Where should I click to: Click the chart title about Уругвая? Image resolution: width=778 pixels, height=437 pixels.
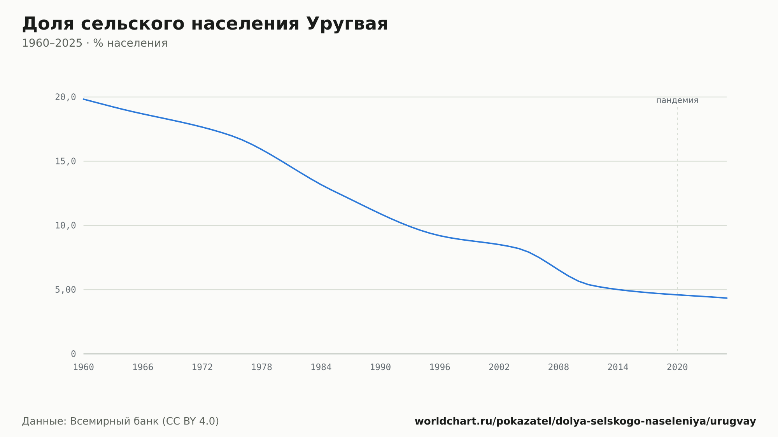(205, 24)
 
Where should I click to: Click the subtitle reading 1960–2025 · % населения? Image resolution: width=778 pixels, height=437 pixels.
(95, 43)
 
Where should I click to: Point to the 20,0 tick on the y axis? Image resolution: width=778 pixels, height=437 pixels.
(65, 97)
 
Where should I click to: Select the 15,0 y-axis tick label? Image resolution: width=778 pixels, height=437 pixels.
(65, 161)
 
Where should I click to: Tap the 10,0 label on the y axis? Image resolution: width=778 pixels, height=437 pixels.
(65, 225)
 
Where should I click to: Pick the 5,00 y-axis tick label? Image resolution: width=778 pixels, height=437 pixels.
(65, 290)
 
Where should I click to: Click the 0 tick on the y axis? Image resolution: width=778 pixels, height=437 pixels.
(74, 354)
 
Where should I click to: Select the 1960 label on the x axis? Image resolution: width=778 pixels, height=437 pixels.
(84, 367)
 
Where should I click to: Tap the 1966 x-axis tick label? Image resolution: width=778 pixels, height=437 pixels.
(143, 367)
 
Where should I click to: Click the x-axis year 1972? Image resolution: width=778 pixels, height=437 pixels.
(202, 367)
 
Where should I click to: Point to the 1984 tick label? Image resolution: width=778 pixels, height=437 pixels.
(321, 367)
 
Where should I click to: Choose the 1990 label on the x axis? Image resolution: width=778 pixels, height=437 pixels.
(380, 367)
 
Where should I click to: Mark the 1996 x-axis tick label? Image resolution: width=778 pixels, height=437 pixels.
(440, 367)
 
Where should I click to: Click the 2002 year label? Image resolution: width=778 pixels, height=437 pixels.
(499, 367)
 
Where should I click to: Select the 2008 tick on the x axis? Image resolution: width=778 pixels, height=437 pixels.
(559, 367)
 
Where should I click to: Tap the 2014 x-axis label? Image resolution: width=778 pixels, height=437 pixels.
(618, 367)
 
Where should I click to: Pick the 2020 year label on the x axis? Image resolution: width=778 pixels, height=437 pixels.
(677, 367)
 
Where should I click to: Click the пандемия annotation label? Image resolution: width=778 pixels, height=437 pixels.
(677, 100)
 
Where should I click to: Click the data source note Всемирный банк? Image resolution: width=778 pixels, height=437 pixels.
(121, 421)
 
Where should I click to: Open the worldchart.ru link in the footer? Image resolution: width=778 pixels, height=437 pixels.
(585, 421)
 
